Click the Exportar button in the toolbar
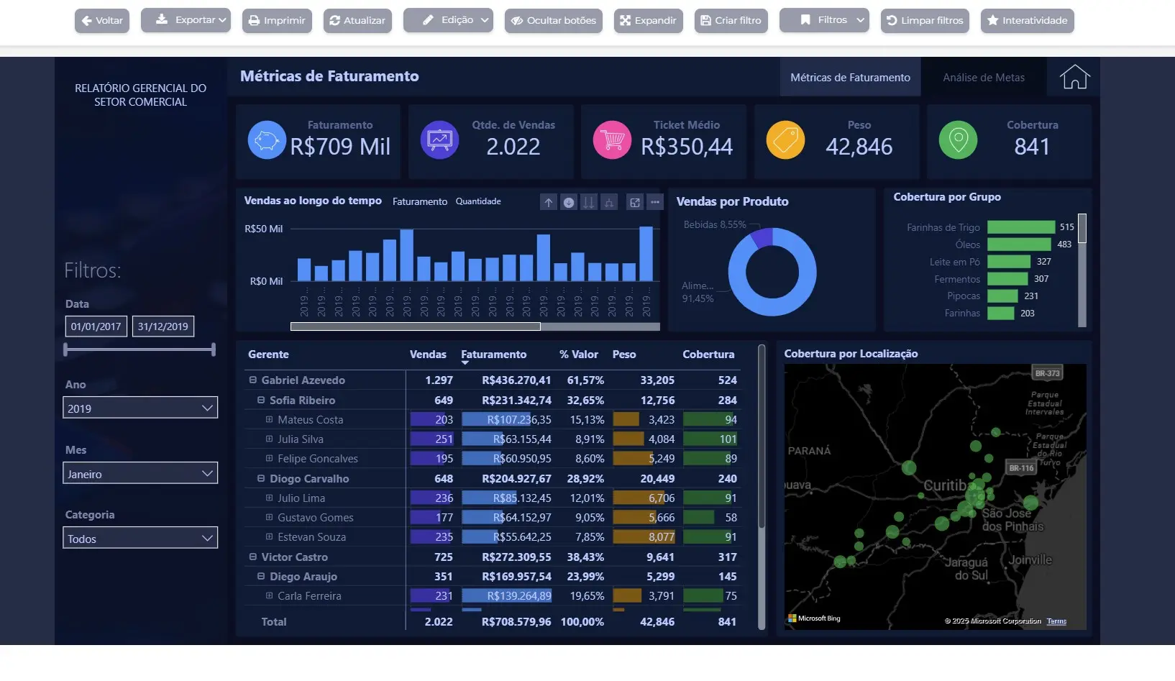[186, 20]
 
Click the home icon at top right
[1074, 77]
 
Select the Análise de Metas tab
[983, 78]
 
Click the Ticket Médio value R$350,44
[686, 147]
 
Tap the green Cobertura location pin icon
[958, 140]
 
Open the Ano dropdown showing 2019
[140, 408]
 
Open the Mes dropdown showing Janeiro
[140, 473]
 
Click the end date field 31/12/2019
[163, 326]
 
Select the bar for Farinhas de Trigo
[1020, 227]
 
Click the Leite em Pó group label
[954, 262]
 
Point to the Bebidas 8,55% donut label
[714, 224]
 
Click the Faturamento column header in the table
[493, 355]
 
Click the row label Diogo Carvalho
[309, 478]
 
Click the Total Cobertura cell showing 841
[726, 621]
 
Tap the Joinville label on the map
[1030, 559]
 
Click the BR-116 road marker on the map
[1020, 468]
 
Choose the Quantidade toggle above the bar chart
[478, 201]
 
